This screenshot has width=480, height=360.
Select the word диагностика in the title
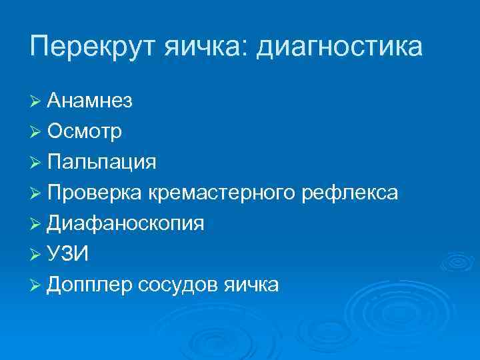340,47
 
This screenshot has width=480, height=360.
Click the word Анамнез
89,101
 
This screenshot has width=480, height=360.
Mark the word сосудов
177,285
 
